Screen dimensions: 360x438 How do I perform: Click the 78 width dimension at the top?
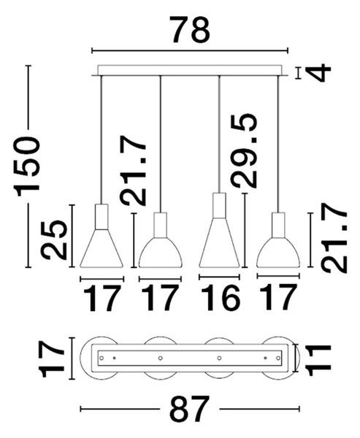tap(191, 30)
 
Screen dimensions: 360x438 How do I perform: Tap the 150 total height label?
tap(27, 166)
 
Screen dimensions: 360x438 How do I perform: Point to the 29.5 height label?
tap(244, 150)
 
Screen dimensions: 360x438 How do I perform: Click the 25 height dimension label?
tap(54, 239)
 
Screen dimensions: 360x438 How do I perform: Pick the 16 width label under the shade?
tap(220, 298)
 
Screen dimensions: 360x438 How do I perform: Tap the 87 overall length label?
tap(190, 409)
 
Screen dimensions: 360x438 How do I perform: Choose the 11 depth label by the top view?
tap(319, 360)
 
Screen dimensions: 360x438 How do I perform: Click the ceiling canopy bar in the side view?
tap(190, 71)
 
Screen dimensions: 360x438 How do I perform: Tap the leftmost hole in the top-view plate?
tap(102, 358)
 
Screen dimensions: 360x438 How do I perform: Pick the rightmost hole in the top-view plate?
tap(277, 358)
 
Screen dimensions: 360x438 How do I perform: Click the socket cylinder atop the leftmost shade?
tap(102, 217)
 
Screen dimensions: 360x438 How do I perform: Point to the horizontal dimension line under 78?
tap(190, 50)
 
